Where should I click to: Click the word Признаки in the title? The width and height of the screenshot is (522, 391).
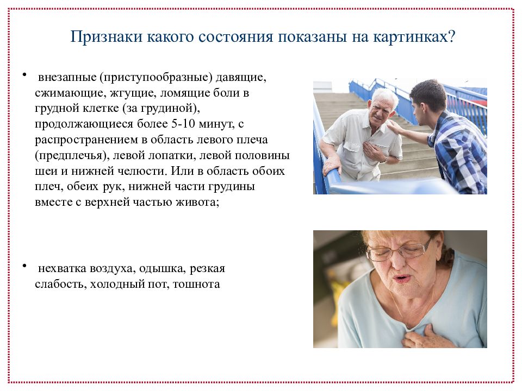106,36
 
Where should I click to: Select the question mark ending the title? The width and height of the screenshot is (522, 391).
451,36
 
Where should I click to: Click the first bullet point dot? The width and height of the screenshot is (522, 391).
24,74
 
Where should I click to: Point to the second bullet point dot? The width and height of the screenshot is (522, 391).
24,266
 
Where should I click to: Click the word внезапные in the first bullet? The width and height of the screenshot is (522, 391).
67,78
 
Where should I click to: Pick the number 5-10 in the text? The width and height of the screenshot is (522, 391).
183,124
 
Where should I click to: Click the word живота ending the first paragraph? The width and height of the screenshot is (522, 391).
200,203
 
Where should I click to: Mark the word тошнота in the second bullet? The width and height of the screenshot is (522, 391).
196,284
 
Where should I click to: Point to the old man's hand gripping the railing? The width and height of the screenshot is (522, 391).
332,164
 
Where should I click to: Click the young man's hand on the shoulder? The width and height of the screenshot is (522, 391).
396,127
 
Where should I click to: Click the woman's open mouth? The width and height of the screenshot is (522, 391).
402,278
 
